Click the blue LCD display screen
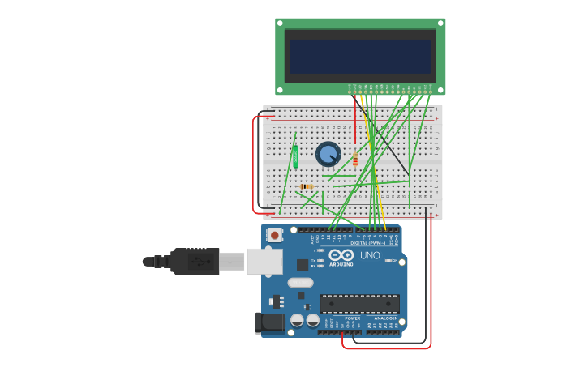coord(359,57)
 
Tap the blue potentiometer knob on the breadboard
coord(328,153)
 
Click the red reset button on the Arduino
coord(275,236)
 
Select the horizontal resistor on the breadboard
coord(306,186)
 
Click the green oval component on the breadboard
coord(295,156)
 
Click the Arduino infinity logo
coord(341,255)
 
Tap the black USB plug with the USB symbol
coord(195,262)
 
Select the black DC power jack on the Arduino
coord(270,323)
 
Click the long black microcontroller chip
coord(359,304)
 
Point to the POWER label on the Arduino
coord(353,318)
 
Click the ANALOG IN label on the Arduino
coord(386,318)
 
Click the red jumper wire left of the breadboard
coord(254,162)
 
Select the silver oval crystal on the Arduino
coord(300,283)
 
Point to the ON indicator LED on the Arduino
coord(388,261)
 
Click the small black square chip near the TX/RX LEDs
coord(302,265)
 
